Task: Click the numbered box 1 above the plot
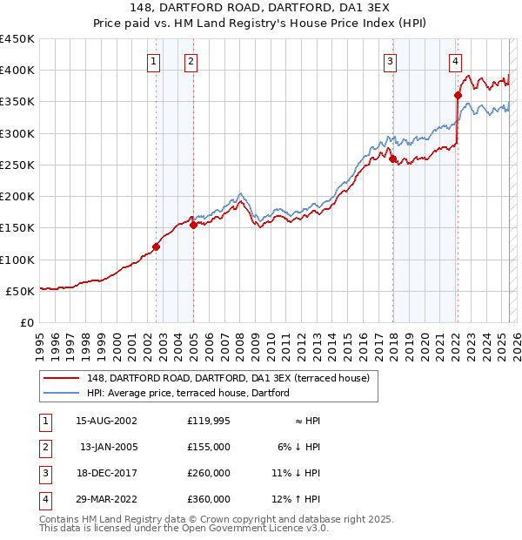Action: (x=153, y=61)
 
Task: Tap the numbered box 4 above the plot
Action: (x=455, y=61)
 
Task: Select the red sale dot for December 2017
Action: (x=392, y=159)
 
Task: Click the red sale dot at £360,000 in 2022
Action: (x=458, y=96)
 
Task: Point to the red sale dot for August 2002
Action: (x=157, y=246)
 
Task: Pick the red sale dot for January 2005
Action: (x=193, y=225)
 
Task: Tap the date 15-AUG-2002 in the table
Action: (x=107, y=421)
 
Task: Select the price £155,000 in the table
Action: (x=208, y=447)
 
